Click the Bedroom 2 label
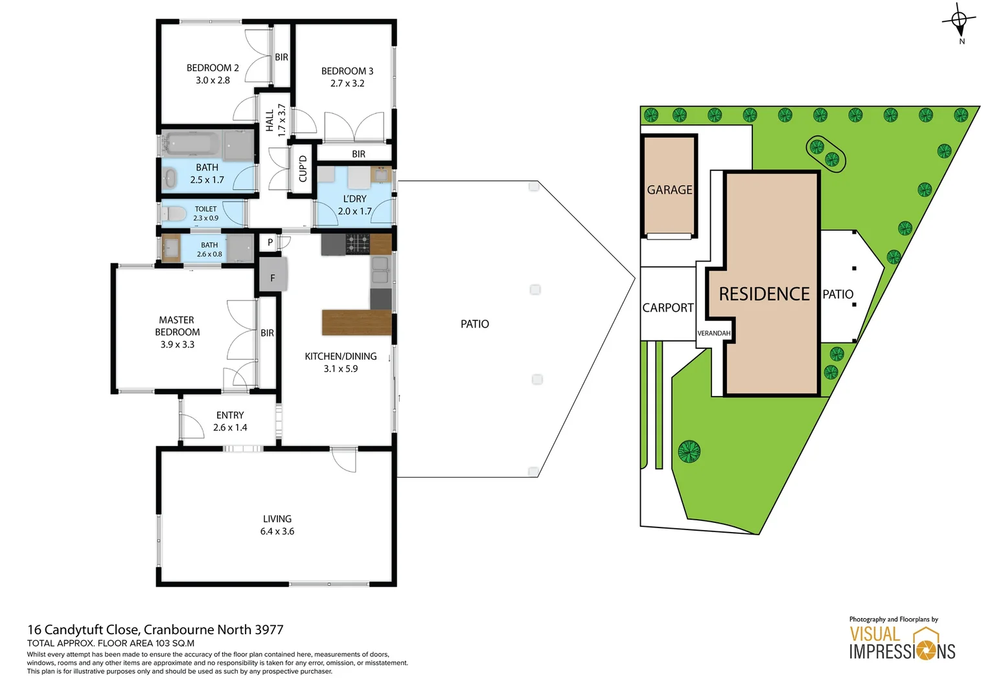(213, 68)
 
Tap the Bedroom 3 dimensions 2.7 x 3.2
(347, 83)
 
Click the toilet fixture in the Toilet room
(171, 214)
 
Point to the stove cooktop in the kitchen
(358, 244)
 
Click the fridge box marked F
(273, 277)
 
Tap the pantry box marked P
(270, 243)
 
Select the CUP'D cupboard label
(303, 168)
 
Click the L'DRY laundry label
(354, 199)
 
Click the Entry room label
(230, 416)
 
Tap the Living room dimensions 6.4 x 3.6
(277, 531)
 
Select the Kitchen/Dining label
(341, 357)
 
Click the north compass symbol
(960, 21)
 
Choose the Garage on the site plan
(669, 190)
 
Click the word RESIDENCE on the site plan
(764, 294)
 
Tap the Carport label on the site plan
(667, 308)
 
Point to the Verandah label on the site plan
(713, 333)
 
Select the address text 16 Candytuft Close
(84, 630)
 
